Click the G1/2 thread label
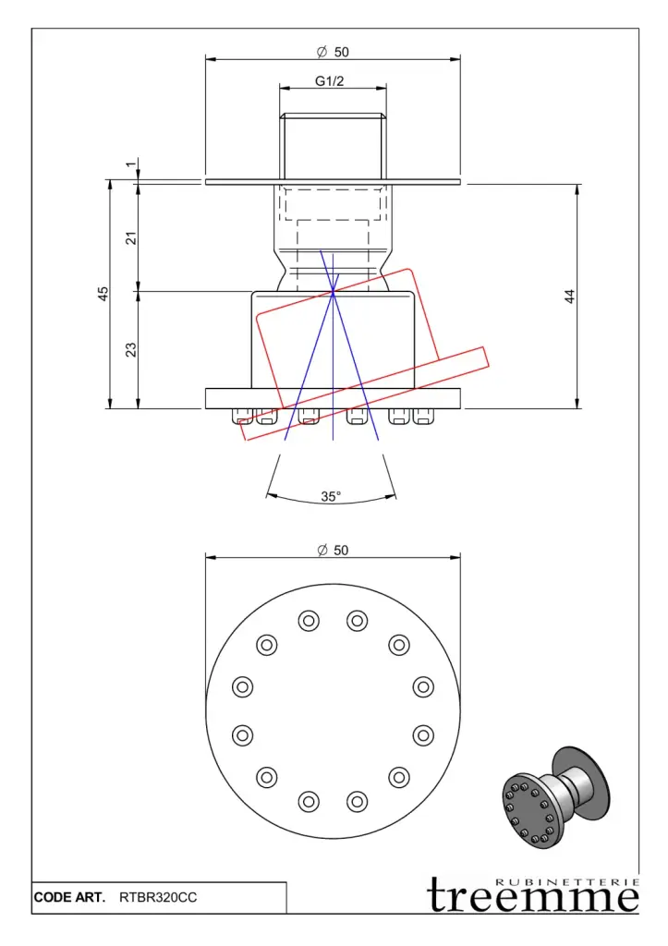click(x=329, y=81)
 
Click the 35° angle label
click(x=331, y=496)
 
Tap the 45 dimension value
click(x=103, y=293)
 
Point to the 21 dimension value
click(x=131, y=237)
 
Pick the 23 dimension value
click(x=131, y=349)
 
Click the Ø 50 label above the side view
click(x=333, y=52)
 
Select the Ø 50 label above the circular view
click(x=333, y=550)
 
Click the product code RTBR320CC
click(x=158, y=897)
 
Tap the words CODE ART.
click(x=69, y=897)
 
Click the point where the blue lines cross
click(x=333, y=293)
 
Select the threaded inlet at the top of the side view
click(x=333, y=143)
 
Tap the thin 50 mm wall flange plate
click(x=333, y=181)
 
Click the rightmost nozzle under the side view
click(x=423, y=415)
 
